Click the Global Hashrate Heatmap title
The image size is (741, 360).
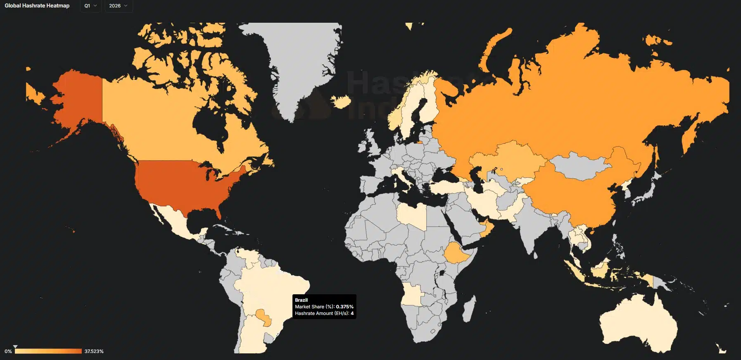click(x=37, y=6)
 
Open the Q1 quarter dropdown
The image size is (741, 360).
click(x=90, y=6)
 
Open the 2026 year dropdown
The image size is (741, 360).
click(x=118, y=6)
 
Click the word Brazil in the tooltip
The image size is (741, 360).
click(x=301, y=300)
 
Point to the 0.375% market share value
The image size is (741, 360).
click(x=344, y=307)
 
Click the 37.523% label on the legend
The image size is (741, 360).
click(x=94, y=351)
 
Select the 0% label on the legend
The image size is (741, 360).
click(x=8, y=351)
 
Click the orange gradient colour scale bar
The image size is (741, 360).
click(x=48, y=351)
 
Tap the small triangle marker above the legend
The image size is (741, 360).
click(x=15, y=347)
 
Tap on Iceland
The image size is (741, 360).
click(x=341, y=101)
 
